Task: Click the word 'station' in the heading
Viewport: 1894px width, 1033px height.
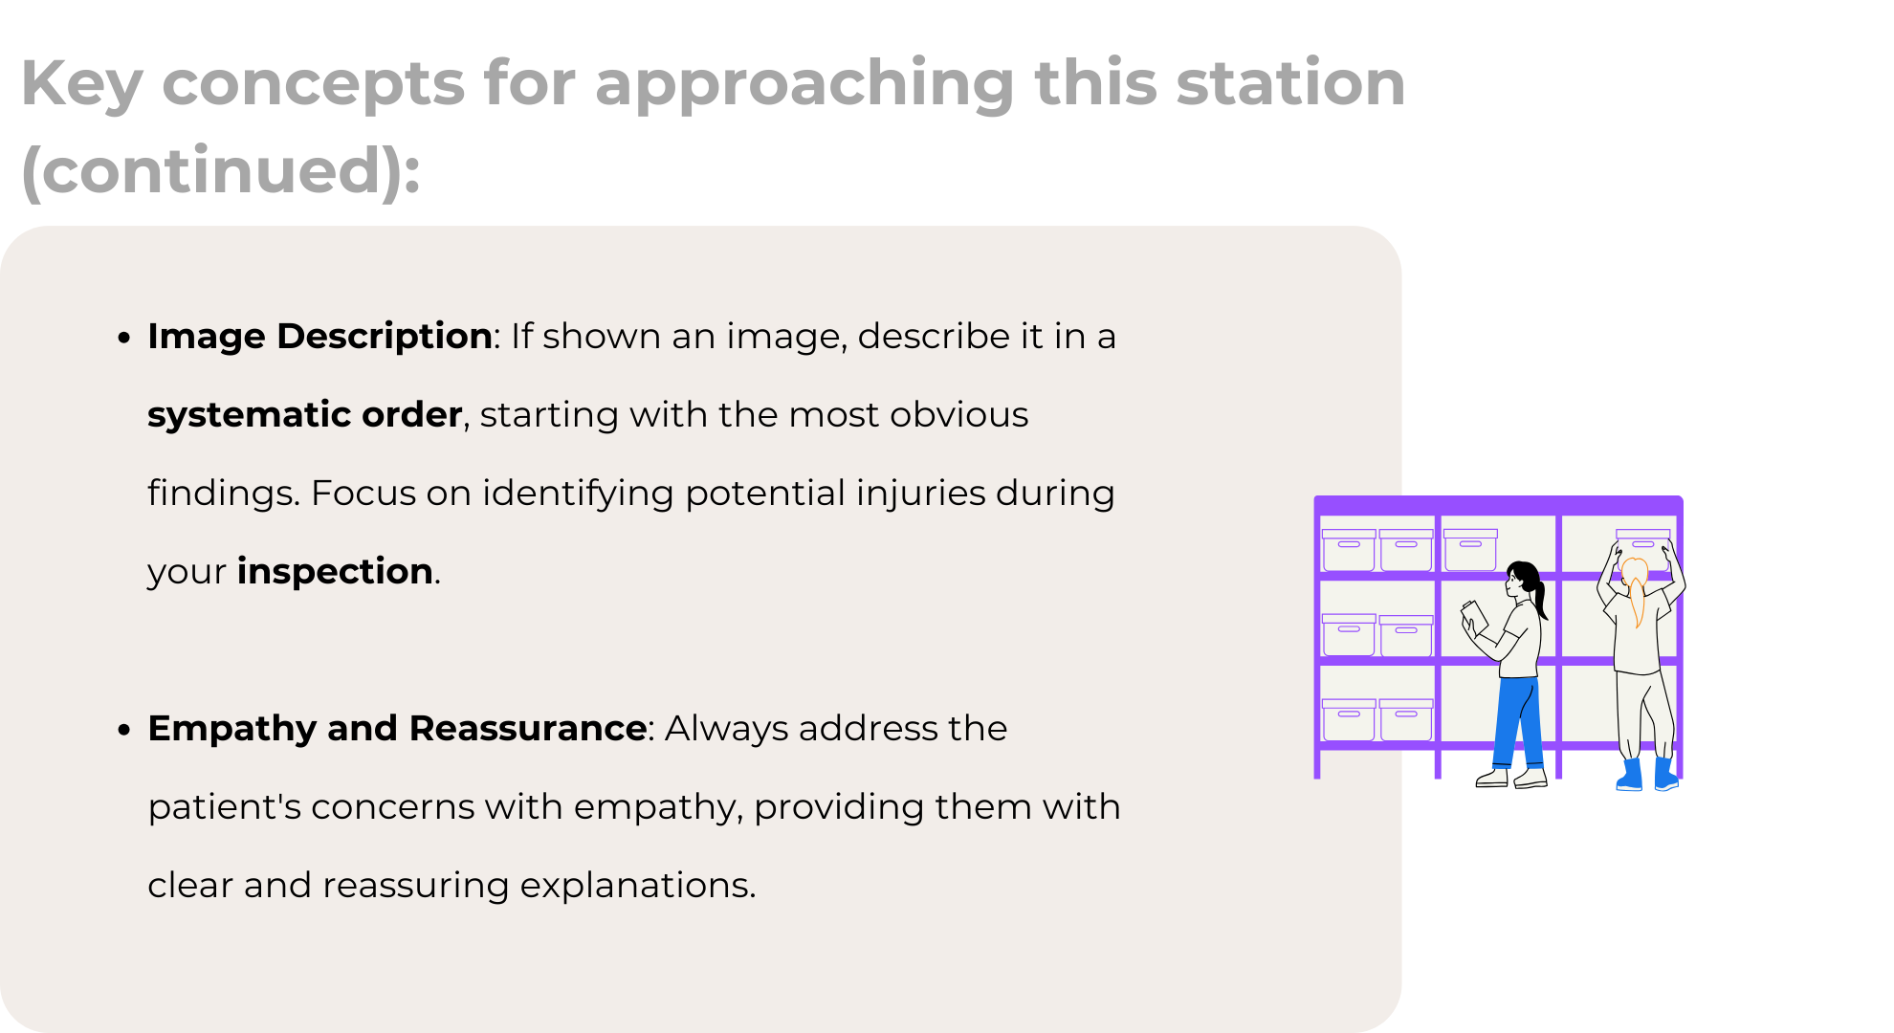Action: click(x=1290, y=83)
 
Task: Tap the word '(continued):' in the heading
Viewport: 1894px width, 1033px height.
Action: click(x=221, y=171)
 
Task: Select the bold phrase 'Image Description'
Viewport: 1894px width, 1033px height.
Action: click(x=319, y=337)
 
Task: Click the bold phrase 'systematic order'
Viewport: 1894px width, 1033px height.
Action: click(x=304, y=415)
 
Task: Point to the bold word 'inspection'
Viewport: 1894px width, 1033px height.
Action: click(x=335, y=572)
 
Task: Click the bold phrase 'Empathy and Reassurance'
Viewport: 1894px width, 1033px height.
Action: click(x=397, y=729)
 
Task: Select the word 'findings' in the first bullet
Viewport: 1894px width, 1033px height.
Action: click(x=223, y=494)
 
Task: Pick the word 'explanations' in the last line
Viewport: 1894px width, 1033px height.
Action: click(x=637, y=886)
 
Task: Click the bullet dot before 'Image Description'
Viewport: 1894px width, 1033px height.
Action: click(x=123, y=339)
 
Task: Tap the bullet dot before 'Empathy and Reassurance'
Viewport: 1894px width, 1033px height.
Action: click(x=123, y=731)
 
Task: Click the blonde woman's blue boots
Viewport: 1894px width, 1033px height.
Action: click(x=1647, y=775)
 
